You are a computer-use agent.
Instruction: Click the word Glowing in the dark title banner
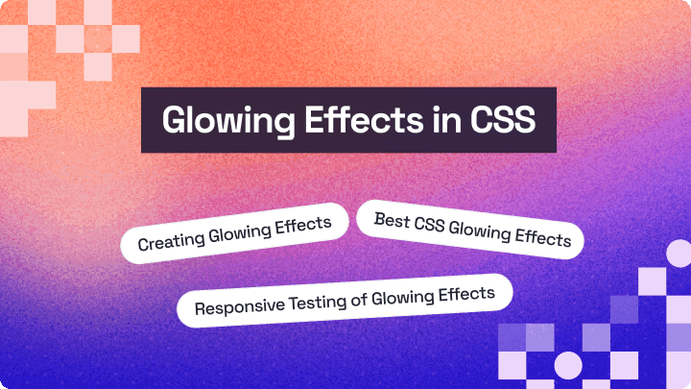pos(216,122)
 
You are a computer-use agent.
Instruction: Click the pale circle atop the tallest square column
pos(679,255)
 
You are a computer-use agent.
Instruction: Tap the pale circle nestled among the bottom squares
pos(568,364)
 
